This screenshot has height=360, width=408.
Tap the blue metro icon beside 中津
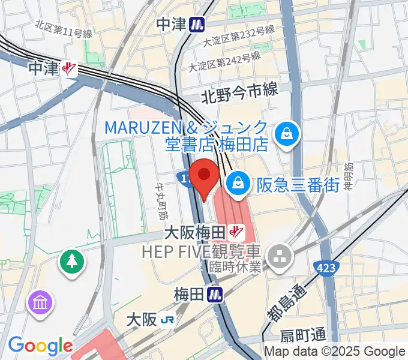coord(196,25)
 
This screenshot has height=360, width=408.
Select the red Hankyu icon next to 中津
coord(70,69)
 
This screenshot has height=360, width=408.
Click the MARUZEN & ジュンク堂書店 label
coord(187,136)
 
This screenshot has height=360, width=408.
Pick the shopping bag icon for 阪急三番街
coord(239,182)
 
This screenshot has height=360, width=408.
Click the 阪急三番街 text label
coord(298,185)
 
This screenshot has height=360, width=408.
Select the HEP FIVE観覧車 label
coord(202,251)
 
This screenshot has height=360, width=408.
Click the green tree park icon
coord(71,260)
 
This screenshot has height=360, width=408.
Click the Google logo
coord(40,346)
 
